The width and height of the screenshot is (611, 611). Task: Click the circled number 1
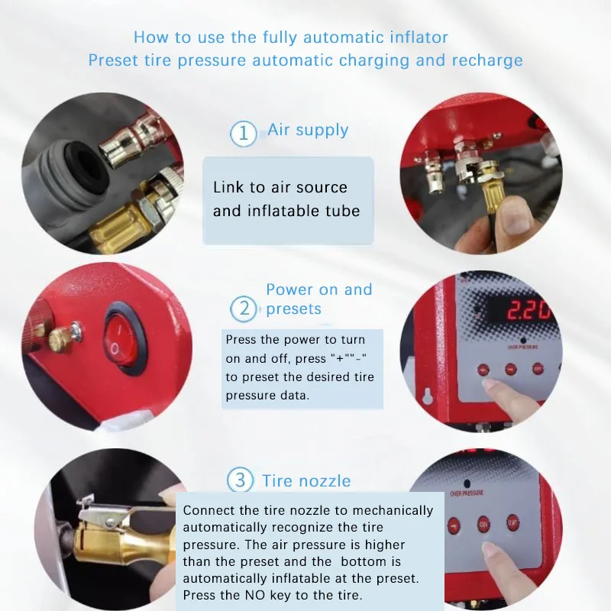243,134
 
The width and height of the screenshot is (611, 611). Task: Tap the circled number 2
244,309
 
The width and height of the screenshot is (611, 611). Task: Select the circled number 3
241,480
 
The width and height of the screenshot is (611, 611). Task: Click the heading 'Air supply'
308,130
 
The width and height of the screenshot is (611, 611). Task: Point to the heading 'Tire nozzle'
306,481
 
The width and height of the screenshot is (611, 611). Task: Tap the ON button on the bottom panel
484,525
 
